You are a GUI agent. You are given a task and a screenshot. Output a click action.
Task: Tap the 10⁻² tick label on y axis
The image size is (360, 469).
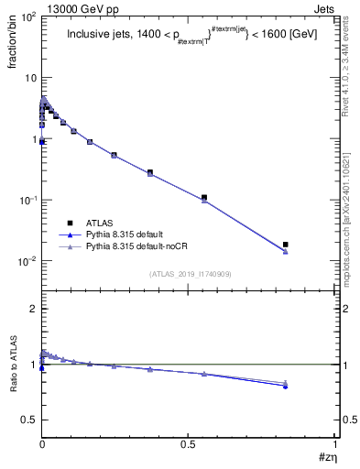tap(27, 262)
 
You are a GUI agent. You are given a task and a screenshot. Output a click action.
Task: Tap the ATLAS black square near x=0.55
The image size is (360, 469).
tap(204, 197)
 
